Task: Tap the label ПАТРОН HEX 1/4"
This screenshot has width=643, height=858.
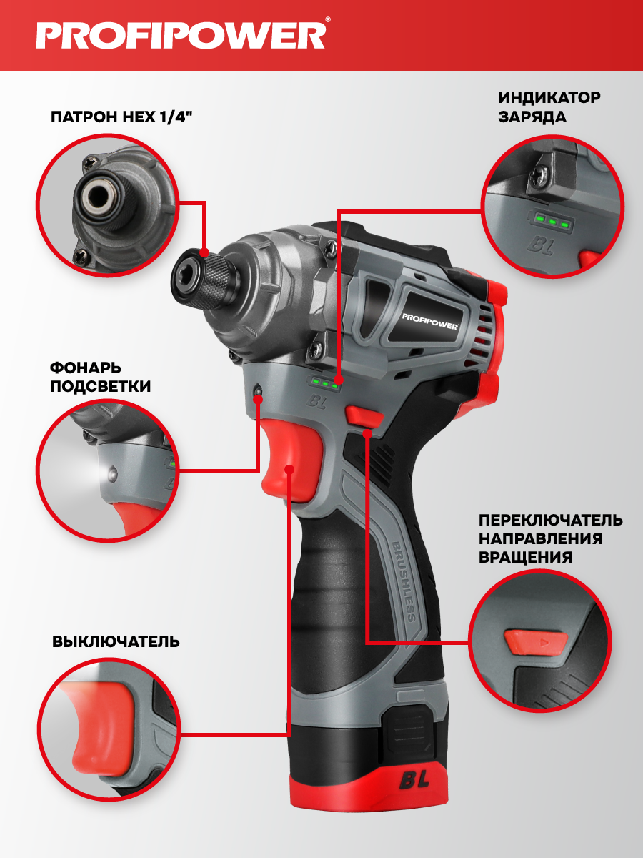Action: pyautogui.click(x=121, y=117)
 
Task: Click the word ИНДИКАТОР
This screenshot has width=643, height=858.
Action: pyautogui.click(x=549, y=97)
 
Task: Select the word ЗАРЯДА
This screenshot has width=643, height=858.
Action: pyautogui.click(x=532, y=117)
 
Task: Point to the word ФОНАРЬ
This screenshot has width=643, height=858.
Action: pyautogui.click(x=86, y=368)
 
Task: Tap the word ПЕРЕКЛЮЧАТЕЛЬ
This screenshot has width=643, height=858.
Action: pyautogui.click(x=550, y=521)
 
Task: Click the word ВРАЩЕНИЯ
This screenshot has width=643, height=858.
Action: pyautogui.click(x=525, y=558)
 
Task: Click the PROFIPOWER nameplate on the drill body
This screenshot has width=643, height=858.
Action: pyautogui.click(x=429, y=321)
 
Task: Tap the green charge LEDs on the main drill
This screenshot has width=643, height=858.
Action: pyautogui.click(x=325, y=383)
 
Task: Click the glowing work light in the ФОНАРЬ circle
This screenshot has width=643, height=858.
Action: pyautogui.click(x=111, y=474)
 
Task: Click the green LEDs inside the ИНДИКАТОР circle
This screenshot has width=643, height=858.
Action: pyautogui.click(x=552, y=221)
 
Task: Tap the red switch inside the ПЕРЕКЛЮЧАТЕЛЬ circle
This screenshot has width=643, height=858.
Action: pyautogui.click(x=536, y=641)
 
